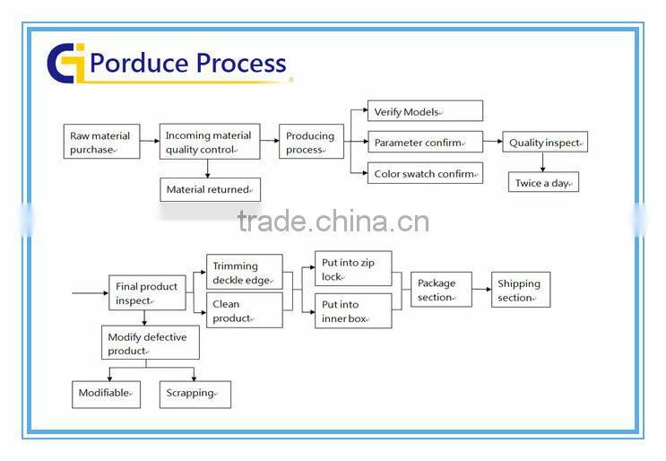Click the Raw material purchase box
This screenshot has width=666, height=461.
[x=101, y=143]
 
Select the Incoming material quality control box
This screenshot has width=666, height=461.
[x=211, y=143]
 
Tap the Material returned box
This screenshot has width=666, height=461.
[x=210, y=189]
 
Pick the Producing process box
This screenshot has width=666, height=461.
[x=311, y=143]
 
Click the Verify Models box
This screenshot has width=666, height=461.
[x=425, y=111]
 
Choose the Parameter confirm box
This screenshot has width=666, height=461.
[x=425, y=142]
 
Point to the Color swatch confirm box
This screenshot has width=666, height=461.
[x=425, y=173]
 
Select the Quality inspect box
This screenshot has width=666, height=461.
[x=544, y=142]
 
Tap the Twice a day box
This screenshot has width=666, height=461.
[x=543, y=182]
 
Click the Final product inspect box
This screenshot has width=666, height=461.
[x=147, y=293]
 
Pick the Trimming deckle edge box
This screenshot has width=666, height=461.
[x=245, y=272]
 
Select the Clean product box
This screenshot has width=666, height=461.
[x=245, y=310]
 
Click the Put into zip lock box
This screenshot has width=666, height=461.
[x=353, y=269]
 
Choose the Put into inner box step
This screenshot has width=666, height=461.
[x=353, y=310]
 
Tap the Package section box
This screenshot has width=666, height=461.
[x=441, y=290]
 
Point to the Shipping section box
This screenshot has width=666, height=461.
[x=521, y=290]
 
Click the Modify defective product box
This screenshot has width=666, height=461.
[x=150, y=344]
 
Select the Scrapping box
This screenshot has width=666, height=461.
[x=195, y=394]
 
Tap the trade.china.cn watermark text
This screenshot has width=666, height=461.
[x=333, y=221]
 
